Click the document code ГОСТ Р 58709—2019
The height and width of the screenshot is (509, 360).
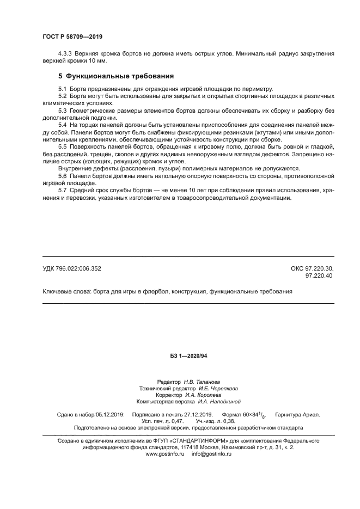[x=72, y=36]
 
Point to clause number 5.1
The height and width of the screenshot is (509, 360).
[x=62, y=88]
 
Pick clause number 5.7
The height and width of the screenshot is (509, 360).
[x=62, y=191]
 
